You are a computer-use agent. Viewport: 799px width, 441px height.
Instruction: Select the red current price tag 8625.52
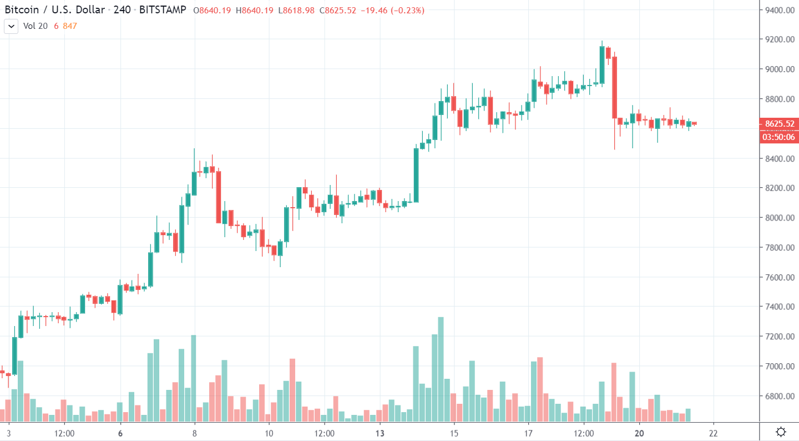[x=778, y=123]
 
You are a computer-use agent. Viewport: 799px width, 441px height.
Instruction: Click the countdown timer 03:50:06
[x=778, y=137]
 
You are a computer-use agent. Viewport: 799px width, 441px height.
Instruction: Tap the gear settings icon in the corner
[x=781, y=432]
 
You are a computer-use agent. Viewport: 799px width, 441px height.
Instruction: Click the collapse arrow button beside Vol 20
[x=11, y=26]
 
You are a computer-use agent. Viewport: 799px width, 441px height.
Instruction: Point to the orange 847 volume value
[x=70, y=26]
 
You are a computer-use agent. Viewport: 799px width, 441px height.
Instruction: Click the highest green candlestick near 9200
[x=602, y=65]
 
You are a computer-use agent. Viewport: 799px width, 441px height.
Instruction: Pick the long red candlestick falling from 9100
[x=614, y=87]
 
